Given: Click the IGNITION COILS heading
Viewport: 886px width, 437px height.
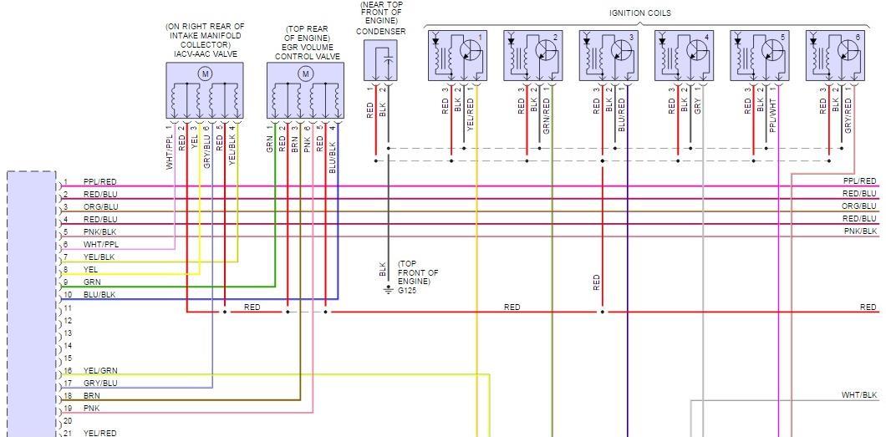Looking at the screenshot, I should click(x=639, y=13).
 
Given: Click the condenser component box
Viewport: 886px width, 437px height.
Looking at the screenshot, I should click(x=381, y=60).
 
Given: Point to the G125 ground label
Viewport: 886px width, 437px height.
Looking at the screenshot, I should click(x=406, y=291).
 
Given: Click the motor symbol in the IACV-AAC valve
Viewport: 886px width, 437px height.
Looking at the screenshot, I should click(x=205, y=74).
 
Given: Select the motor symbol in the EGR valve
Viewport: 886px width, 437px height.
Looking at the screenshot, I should click(x=305, y=74).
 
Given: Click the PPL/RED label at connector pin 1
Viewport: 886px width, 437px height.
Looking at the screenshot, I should click(x=99, y=182).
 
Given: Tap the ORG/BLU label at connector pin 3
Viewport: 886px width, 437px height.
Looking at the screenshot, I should click(x=100, y=207).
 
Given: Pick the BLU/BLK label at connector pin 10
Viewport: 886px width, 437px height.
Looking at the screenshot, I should click(x=99, y=295).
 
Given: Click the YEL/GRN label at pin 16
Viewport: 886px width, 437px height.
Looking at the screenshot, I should click(x=100, y=370).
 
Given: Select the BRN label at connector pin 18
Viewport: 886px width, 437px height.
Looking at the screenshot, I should click(x=91, y=395).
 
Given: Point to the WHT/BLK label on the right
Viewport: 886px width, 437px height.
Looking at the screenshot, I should click(x=858, y=395).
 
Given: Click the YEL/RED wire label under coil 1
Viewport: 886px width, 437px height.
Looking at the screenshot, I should click(x=471, y=116).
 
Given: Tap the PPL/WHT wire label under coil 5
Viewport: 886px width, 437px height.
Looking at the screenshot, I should click(x=773, y=116).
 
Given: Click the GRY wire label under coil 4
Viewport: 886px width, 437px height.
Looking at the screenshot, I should click(x=697, y=108).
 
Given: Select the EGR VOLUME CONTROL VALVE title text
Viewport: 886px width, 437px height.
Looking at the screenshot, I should click(x=305, y=52).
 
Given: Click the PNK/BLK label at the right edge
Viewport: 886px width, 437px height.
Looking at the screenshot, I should click(x=859, y=231).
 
